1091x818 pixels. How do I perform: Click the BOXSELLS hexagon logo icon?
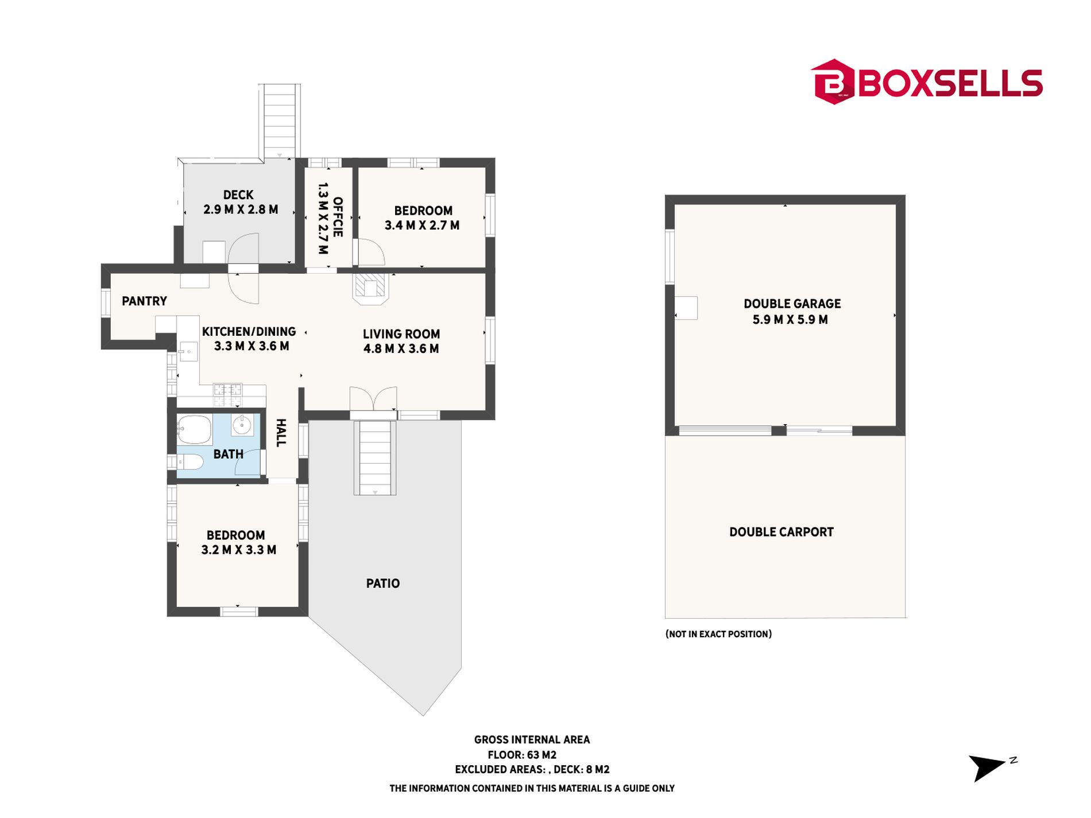(833, 82)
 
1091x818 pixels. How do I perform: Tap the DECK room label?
(238, 195)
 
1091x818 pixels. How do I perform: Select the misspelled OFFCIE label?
(338, 217)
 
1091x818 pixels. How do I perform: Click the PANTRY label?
(144, 301)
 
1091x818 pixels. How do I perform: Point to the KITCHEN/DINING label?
(249, 331)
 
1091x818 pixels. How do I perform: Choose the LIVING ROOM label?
(401, 334)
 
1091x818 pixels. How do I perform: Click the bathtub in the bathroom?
(194, 429)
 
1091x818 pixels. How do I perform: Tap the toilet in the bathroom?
(189, 462)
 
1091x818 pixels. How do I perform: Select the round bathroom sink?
(242, 425)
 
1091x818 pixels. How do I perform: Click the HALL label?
(281, 433)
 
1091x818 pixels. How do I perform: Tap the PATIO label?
(383, 583)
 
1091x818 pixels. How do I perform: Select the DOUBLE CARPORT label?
(782, 532)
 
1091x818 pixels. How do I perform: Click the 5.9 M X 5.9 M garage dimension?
(790, 320)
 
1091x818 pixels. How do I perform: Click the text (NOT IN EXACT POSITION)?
(718, 634)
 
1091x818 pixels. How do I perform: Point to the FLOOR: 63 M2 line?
(522, 755)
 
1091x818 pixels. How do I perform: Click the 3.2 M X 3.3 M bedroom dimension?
(239, 550)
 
